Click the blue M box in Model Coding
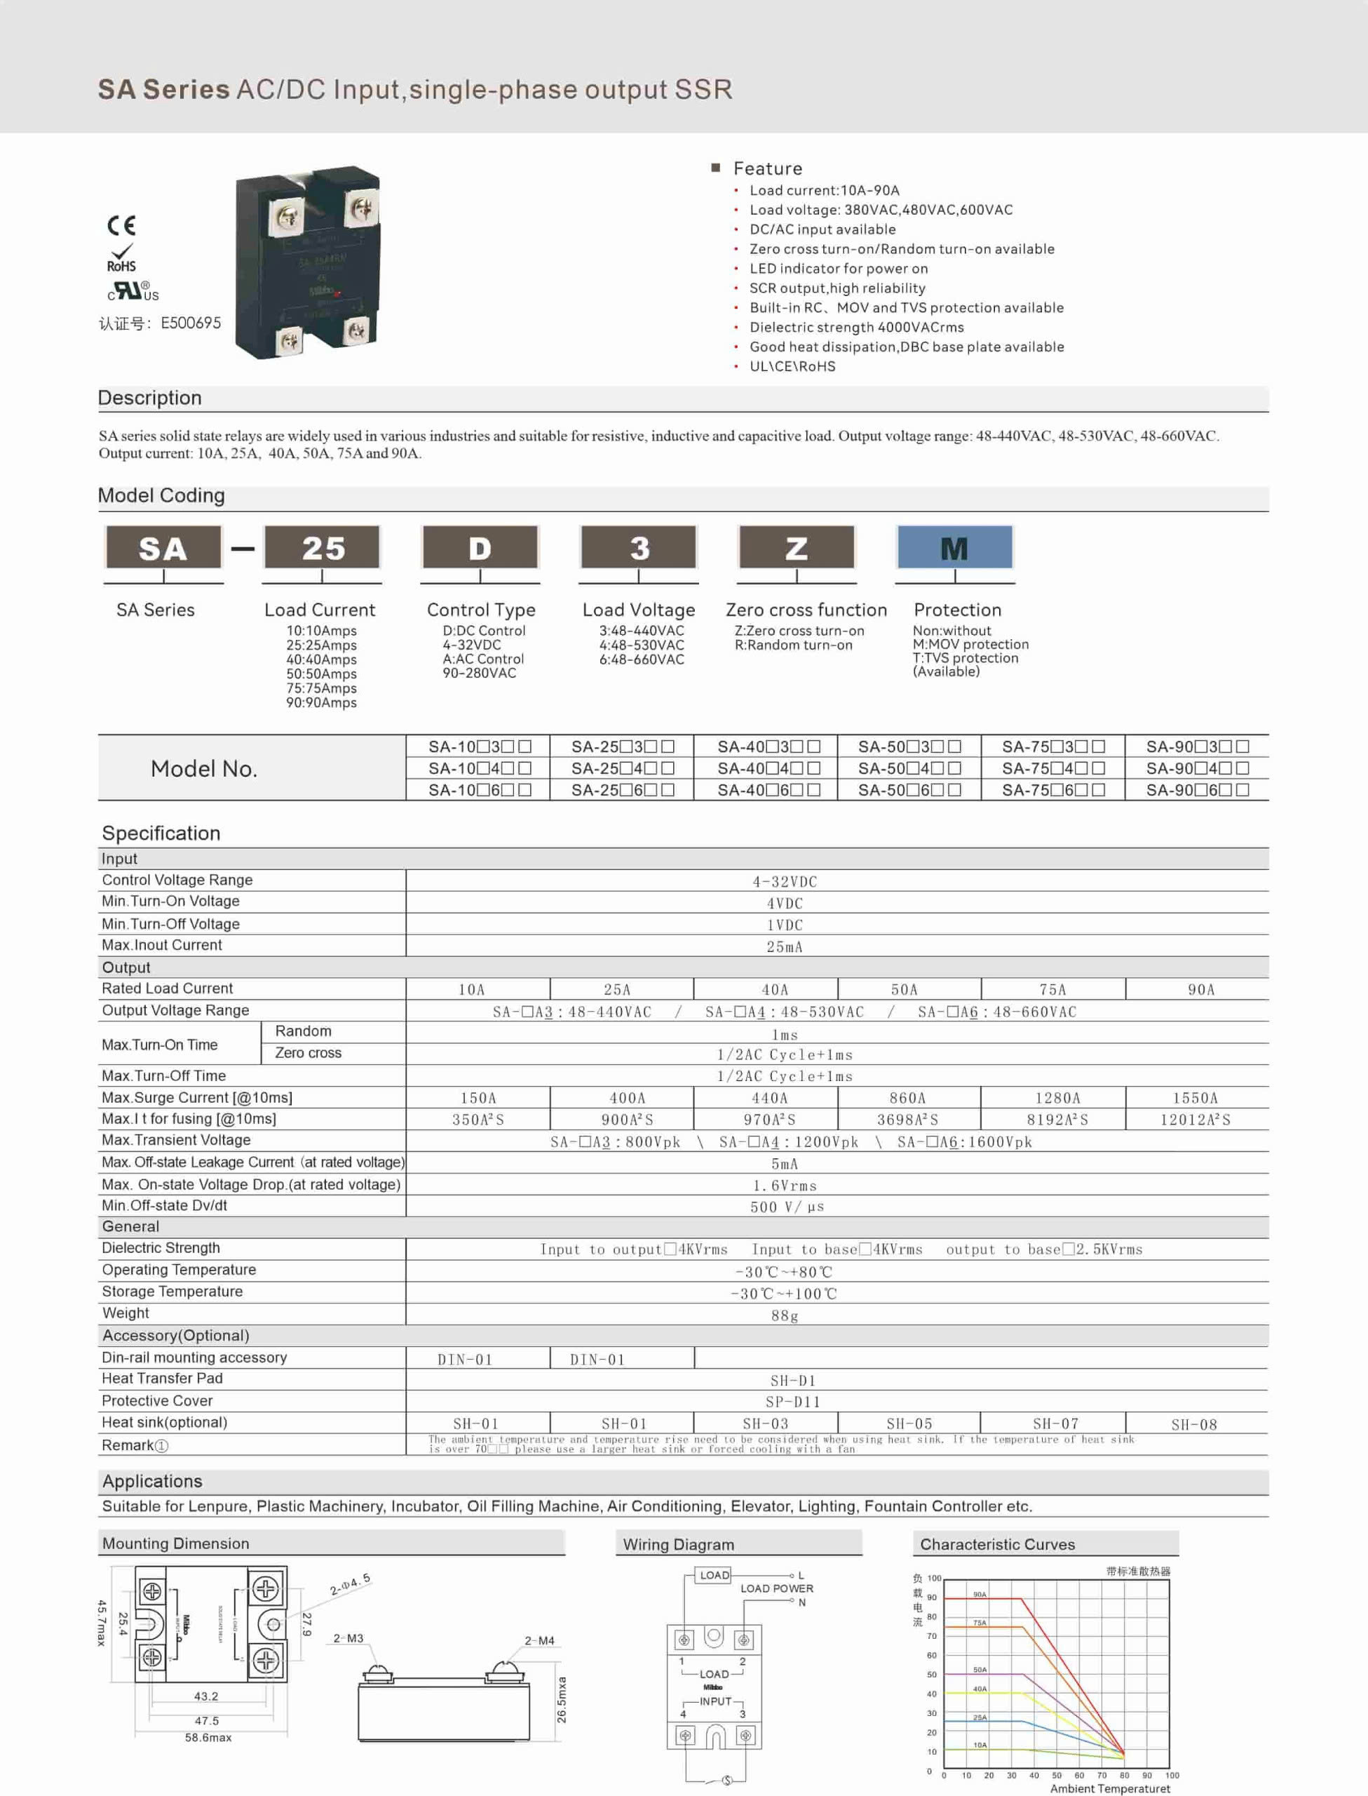tap(954, 548)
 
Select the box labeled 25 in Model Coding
tap(323, 548)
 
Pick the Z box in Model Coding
tap(797, 548)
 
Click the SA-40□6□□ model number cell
tap(768, 790)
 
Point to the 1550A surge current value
tap(1195, 1098)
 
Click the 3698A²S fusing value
tap(907, 1120)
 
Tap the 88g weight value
tap(784, 1315)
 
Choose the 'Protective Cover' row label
tap(157, 1401)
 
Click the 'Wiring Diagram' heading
tap(678, 1544)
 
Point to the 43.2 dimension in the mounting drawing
tap(206, 1696)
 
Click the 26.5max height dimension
tap(562, 1699)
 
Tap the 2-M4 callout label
tap(539, 1640)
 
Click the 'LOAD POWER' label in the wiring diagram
tap(776, 1588)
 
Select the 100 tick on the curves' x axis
tap(1172, 1775)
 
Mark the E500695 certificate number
tap(191, 323)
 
